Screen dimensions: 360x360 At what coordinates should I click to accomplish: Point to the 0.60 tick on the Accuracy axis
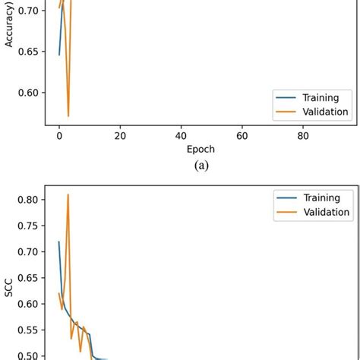pyautogui.click(x=24, y=93)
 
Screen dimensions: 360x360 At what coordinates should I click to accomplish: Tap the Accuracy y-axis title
pyautogui.click(x=9, y=30)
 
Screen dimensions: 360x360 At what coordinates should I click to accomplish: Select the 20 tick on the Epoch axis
pyautogui.click(x=120, y=136)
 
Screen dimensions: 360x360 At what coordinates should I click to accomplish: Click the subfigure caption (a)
pyautogui.click(x=201, y=166)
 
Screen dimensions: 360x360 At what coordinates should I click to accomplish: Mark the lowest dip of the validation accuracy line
pyautogui.click(x=68, y=116)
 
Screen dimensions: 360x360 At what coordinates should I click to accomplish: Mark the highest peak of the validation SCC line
pyautogui.click(x=68, y=194)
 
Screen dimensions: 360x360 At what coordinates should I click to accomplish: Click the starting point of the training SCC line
pyautogui.click(x=59, y=242)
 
